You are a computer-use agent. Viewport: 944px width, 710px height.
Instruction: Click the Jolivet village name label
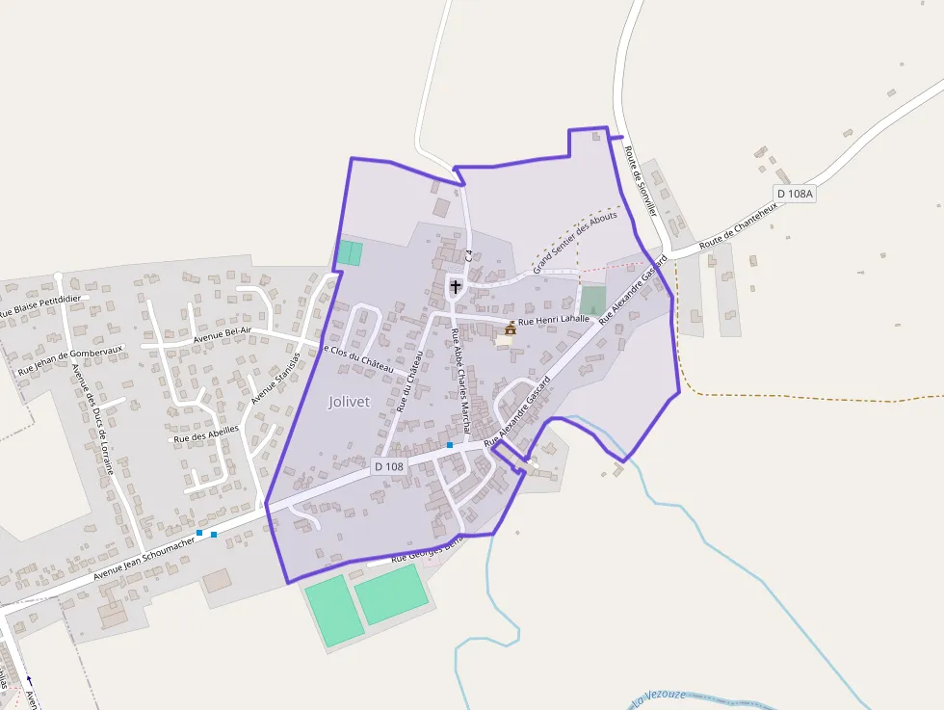349,402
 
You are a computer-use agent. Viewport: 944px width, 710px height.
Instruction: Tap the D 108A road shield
795,194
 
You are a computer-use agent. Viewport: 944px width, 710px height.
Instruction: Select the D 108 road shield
389,466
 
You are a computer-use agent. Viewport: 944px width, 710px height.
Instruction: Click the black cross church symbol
456,287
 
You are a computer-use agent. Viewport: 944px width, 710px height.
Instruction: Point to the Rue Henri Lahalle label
553,322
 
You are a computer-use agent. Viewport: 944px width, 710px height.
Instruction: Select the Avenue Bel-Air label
222,333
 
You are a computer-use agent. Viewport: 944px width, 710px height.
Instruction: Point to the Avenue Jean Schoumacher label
144,558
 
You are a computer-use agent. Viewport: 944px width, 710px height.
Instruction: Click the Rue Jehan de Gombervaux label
71,359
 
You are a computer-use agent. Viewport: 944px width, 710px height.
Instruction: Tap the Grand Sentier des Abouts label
575,241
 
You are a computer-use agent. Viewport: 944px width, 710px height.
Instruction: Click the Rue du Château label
409,381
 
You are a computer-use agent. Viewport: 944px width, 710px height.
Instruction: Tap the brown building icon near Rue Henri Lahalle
510,329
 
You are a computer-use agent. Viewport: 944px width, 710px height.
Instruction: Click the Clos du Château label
358,359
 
